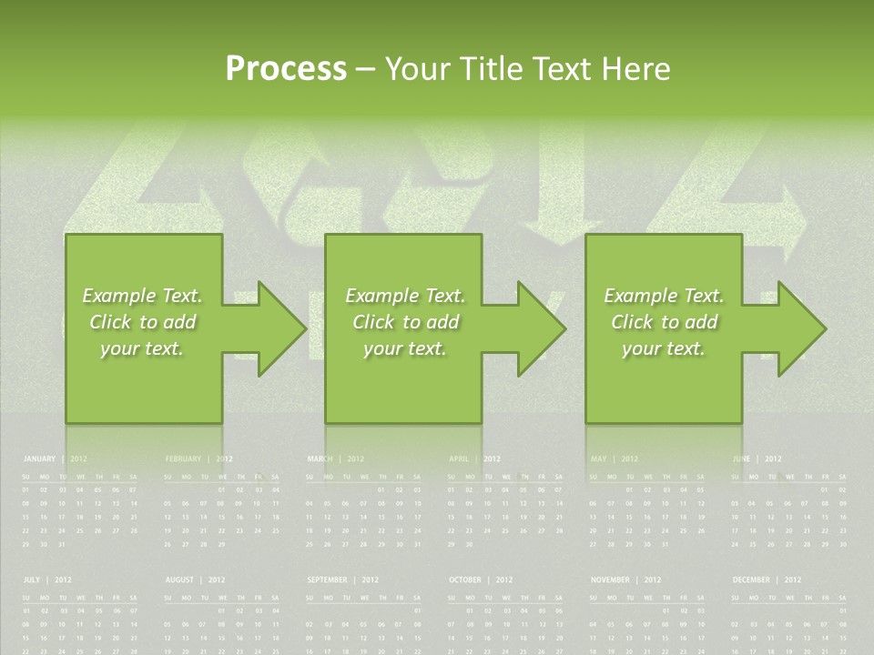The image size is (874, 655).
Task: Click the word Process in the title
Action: (286, 69)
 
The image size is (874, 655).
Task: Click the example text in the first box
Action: (143, 322)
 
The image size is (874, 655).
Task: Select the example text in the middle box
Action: (405, 322)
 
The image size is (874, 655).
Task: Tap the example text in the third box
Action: (664, 322)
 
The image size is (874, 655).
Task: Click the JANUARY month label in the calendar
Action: (39, 459)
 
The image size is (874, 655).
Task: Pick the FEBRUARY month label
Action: (183, 459)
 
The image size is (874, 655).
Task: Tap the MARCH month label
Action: (320, 459)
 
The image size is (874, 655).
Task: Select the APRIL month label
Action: (459, 459)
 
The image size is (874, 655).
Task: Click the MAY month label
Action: (598, 459)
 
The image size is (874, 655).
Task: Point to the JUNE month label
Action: (741, 459)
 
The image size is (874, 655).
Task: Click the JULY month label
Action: (32, 579)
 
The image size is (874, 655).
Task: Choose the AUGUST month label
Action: (180, 579)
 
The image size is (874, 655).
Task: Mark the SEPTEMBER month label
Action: (327, 579)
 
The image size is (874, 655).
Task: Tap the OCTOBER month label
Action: (465, 579)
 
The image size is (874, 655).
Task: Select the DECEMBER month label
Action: (751, 579)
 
